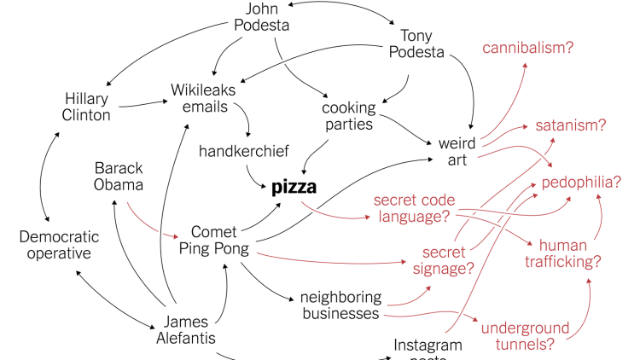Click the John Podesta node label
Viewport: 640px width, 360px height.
click(x=262, y=17)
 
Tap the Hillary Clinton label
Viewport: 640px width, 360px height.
click(x=87, y=107)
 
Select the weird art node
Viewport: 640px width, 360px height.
click(x=457, y=150)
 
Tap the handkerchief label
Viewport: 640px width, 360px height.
click(x=244, y=151)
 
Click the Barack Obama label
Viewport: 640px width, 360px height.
click(x=119, y=176)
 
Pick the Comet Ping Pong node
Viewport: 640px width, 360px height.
click(x=213, y=241)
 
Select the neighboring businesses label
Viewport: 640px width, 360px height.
click(x=340, y=305)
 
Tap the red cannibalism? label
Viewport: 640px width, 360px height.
click(x=527, y=48)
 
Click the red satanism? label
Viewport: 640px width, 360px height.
click(x=570, y=125)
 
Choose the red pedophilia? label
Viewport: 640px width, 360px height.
click(x=580, y=183)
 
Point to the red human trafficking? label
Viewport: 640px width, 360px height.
click(x=569, y=253)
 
